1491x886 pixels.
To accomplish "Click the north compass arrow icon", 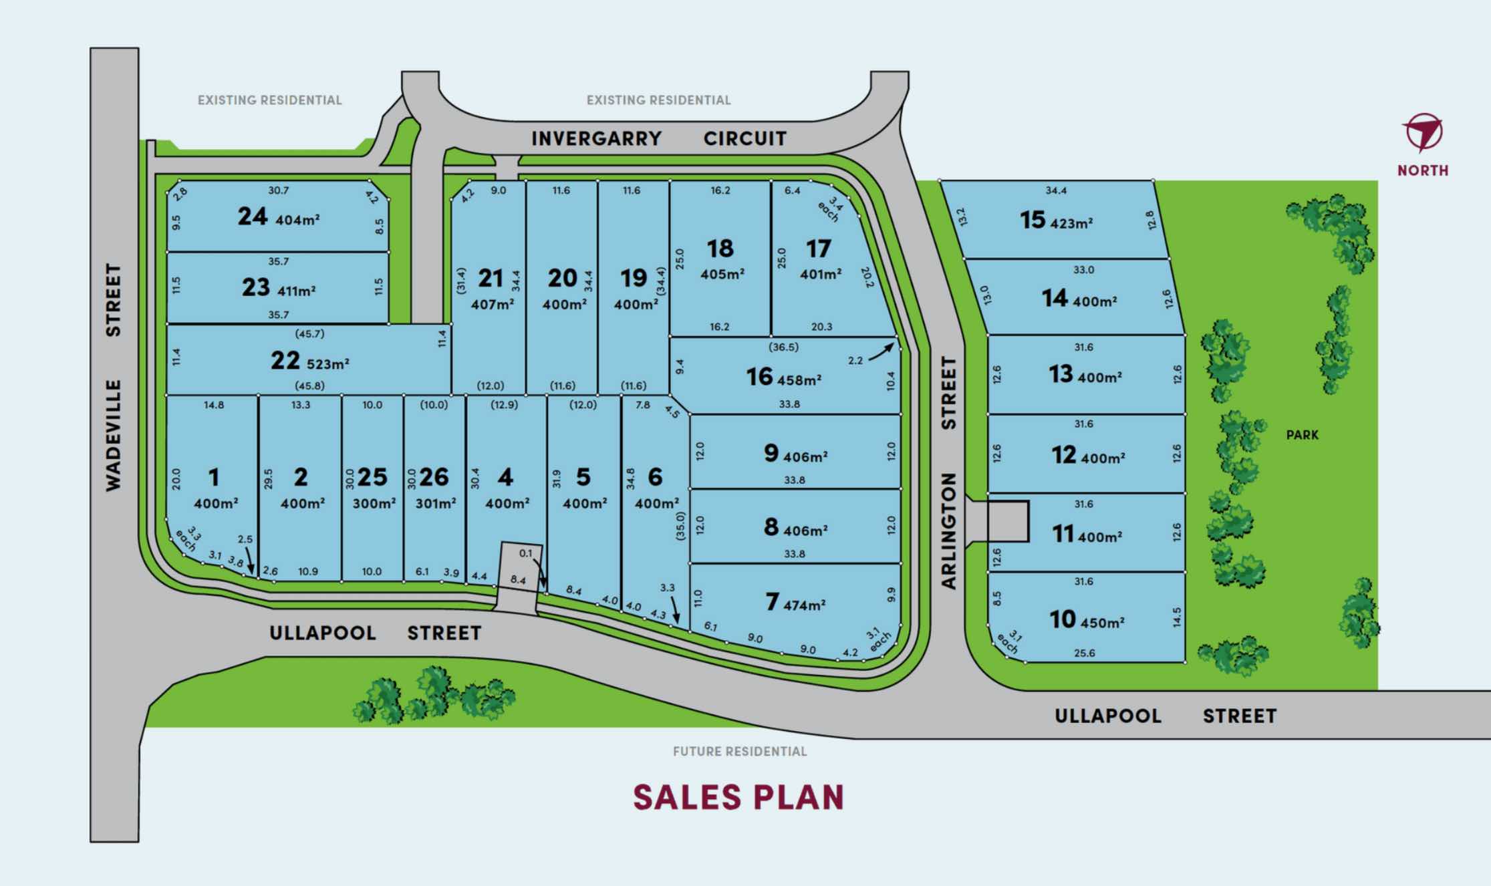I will [x=1423, y=132].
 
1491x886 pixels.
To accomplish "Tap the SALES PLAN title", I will [x=738, y=797].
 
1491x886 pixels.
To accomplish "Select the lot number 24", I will [x=253, y=216].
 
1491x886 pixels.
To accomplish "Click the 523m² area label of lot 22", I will [x=328, y=364].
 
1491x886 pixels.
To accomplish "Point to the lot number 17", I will [x=819, y=249].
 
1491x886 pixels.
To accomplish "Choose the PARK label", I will [x=1303, y=435].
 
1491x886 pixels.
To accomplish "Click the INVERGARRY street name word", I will [x=596, y=139].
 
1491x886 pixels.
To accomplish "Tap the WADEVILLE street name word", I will [x=114, y=436].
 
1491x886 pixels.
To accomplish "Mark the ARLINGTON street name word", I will [x=949, y=531].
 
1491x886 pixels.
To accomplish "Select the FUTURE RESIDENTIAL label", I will [x=740, y=752].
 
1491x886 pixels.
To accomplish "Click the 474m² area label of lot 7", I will [x=805, y=605].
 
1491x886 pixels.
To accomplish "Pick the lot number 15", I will [x=1033, y=220].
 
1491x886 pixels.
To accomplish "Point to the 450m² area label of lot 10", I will [x=1102, y=623].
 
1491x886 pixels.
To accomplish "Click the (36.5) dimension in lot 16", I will [x=783, y=347].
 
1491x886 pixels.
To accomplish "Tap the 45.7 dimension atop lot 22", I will [x=309, y=334].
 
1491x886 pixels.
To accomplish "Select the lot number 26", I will [x=434, y=477].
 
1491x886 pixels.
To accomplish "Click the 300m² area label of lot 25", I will [x=374, y=503].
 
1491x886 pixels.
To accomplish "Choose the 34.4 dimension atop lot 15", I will [x=1056, y=191].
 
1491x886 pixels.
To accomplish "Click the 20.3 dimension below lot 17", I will [x=821, y=327].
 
